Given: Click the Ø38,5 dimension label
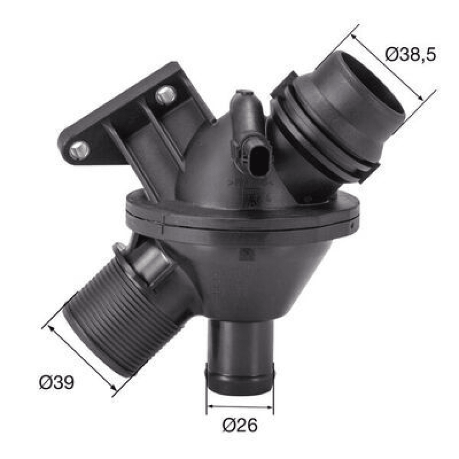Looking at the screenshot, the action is click(410, 55).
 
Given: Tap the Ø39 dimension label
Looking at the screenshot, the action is click(56, 382).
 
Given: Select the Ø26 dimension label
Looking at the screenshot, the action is click(240, 425).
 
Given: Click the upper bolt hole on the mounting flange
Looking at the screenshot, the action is click(166, 95).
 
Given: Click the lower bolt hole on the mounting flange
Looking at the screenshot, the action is click(79, 151).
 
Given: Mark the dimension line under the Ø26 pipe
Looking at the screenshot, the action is click(240, 407).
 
